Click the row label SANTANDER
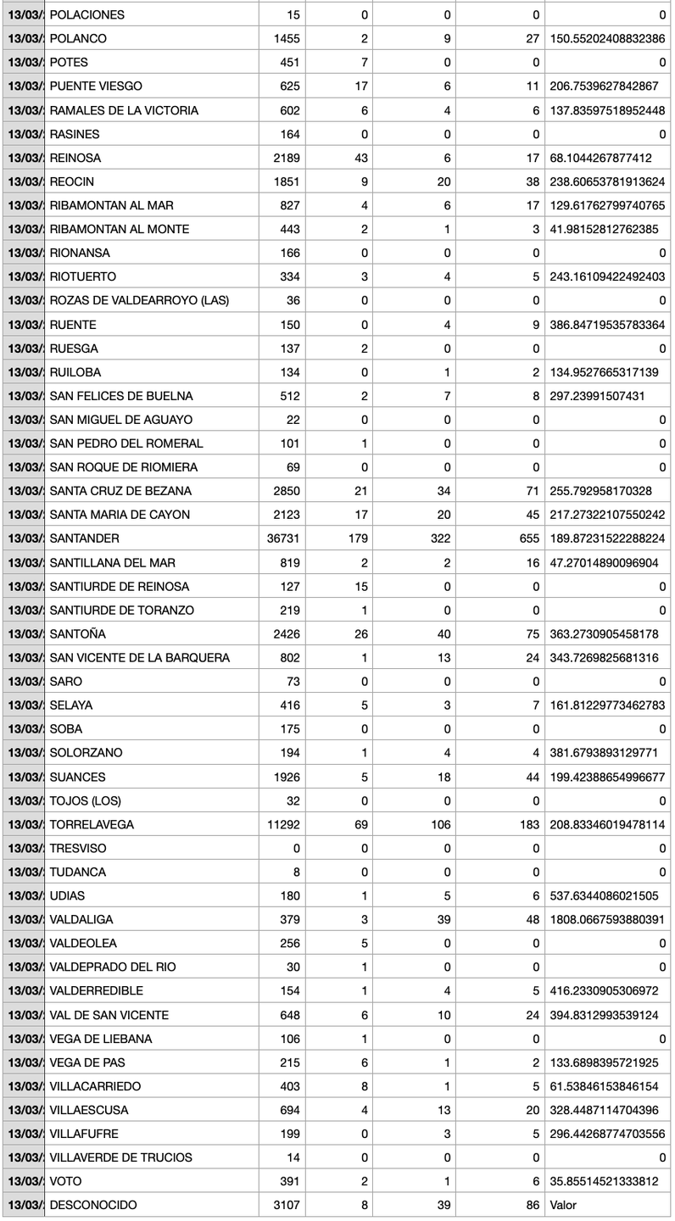click(x=85, y=538)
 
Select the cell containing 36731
click(x=283, y=538)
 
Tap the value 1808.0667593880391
click(x=607, y=919)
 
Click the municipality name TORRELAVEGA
click(x=92, y=824)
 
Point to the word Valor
click(x=564, y=1205)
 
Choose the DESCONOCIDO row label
click(x=93, y=1205)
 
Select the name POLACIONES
click(x=87, y=14)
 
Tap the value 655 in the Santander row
click(x=529, y=538)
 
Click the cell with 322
click(x=438, y=538)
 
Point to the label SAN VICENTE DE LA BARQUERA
click(x=140, y=657)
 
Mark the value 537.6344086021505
click(x=607, y=895)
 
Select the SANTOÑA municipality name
click(x=78, y=633)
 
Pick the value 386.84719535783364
click(x=607, y=324)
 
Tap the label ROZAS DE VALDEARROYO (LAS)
click(x=139, y=300)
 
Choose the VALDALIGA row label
click(x=81, y=919)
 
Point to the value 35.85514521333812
click(x=607, y=1181)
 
